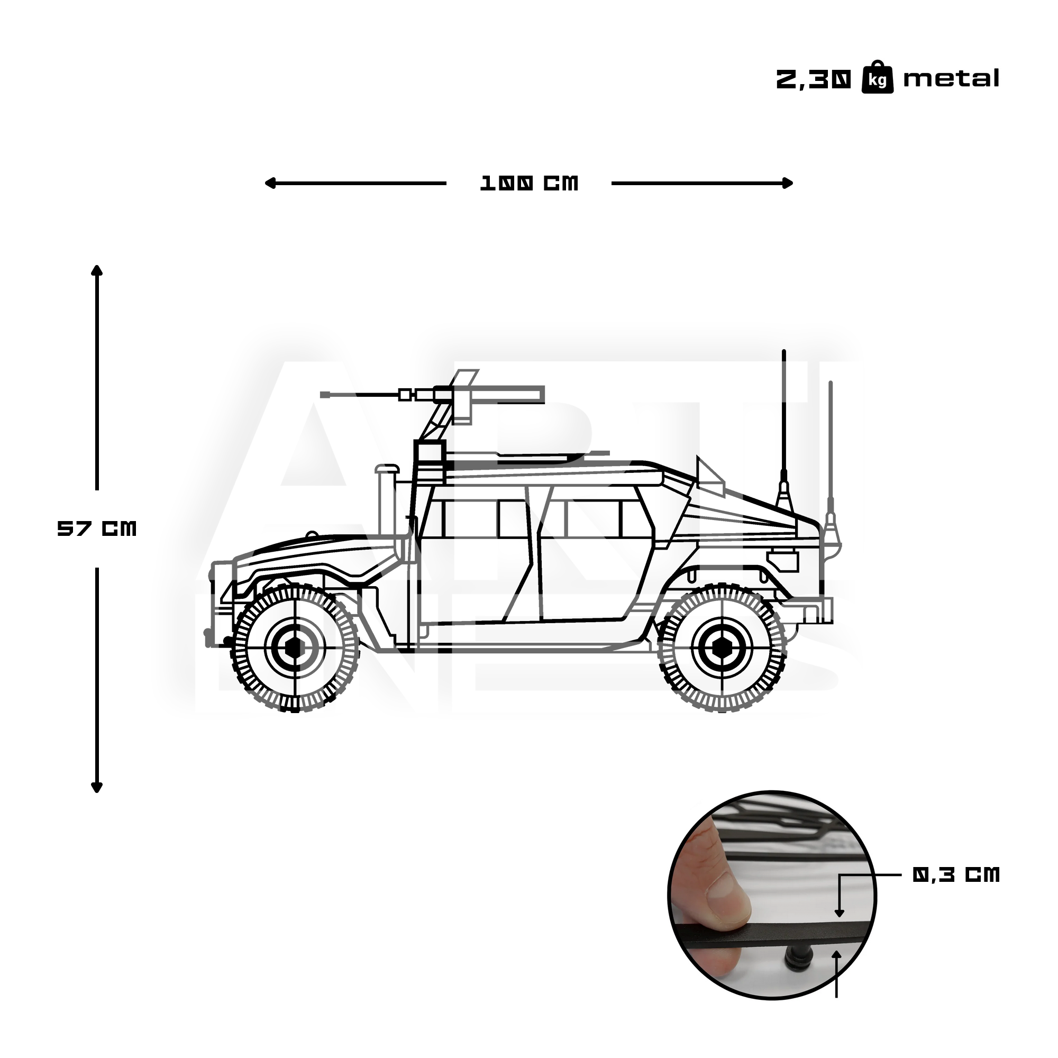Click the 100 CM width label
(529, 184)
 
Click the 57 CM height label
(97, 528)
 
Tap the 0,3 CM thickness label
(955, 874)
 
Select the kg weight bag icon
(877, 78)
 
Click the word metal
(951, 79)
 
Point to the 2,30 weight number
(814, 80)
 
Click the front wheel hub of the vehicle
(295, 648)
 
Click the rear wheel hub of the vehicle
(721, 648)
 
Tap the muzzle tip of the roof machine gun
(324, 394)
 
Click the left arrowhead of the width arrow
(268, 183)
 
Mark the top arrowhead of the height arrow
(97, 269)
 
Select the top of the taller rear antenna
(783, 352)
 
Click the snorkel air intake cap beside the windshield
(387, 468)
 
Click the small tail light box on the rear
(782, 558)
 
